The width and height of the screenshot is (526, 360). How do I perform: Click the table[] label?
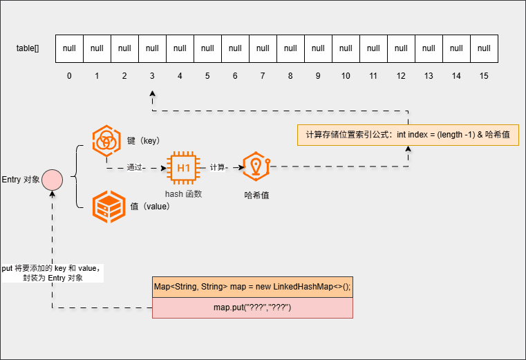point(28,48)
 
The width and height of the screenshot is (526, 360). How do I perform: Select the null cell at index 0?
point(69,48)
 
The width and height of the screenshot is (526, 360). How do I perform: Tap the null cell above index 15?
point(484,48)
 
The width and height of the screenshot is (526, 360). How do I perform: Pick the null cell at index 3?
point(152,48)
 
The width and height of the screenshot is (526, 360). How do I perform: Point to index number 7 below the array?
point(263,75)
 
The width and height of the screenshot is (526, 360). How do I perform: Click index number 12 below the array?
point(401,75)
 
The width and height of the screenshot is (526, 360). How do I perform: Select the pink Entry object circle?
point(53,181)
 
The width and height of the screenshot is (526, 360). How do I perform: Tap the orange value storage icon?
point(108,206)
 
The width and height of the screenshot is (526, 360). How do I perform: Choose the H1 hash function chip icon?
point(183,167)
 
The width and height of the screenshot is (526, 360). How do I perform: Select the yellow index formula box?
point(408,134)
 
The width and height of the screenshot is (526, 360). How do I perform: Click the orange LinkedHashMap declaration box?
point(252,287)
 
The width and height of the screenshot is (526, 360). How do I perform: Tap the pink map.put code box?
point(252,307)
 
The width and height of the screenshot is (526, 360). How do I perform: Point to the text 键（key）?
point(144,140)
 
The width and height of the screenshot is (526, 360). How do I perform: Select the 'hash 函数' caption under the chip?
point(183,194)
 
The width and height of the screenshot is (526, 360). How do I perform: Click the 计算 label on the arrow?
point(218,167)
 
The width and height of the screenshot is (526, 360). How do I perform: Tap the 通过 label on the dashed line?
point(135,167)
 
